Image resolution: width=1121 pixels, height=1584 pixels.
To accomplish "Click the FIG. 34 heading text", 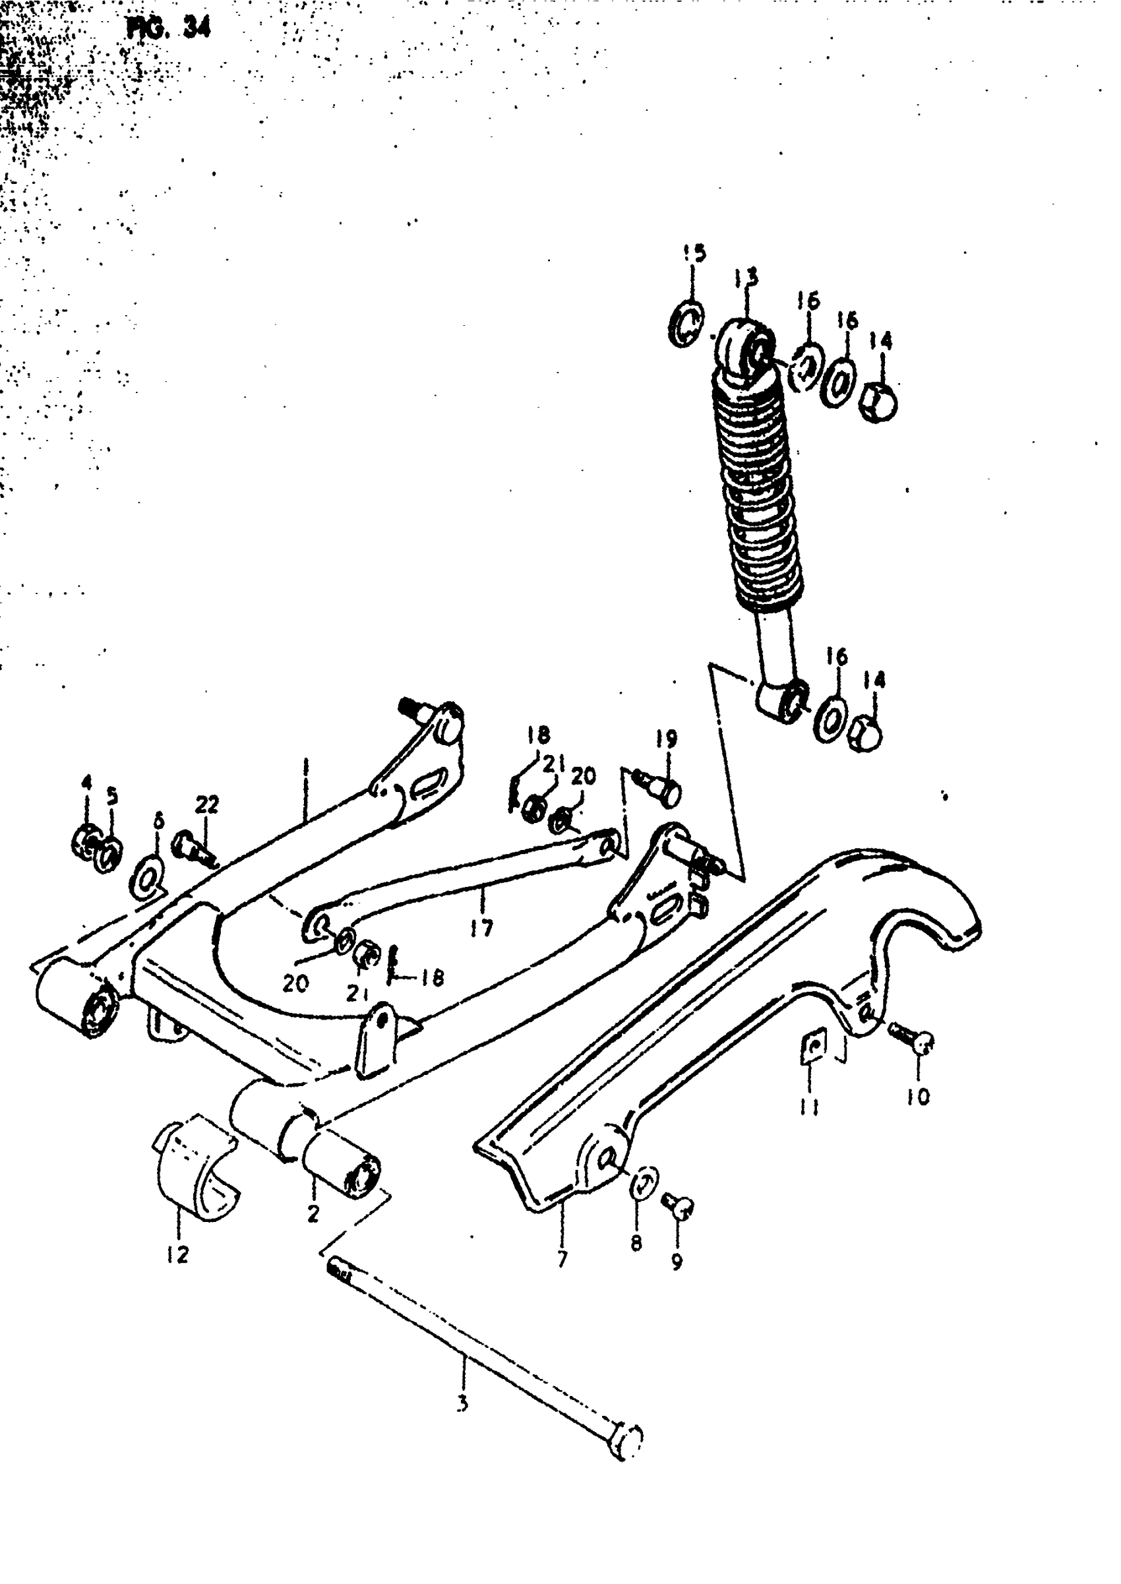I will [x=169, y=28].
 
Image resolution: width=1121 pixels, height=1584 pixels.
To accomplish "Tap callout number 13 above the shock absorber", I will [x=746, y=277].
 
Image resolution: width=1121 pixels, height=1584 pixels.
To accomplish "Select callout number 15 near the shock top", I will [x=694, y=253].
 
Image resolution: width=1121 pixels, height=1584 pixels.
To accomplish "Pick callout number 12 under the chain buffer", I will [x=177, y=1255].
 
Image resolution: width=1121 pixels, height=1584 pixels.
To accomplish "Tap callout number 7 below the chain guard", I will [x=562, y=1259].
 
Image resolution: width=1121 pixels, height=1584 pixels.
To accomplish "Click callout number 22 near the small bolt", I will [x=206, y=805].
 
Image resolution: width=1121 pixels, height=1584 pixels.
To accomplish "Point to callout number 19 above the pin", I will [x=667, y=740].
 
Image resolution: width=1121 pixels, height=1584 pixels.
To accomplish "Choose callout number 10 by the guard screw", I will [x=919, y=1096].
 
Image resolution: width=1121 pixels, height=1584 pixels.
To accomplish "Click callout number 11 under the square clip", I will [x=810, y=1107].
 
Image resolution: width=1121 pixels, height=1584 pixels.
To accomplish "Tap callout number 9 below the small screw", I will [x=677, y=1262].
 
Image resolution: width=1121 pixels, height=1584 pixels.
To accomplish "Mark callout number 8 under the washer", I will [x=636, y=1243].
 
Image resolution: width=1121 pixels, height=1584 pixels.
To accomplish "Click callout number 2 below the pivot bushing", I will [x=313, y=1213].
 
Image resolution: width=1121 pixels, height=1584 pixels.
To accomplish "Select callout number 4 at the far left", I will [x=86, y=783].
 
